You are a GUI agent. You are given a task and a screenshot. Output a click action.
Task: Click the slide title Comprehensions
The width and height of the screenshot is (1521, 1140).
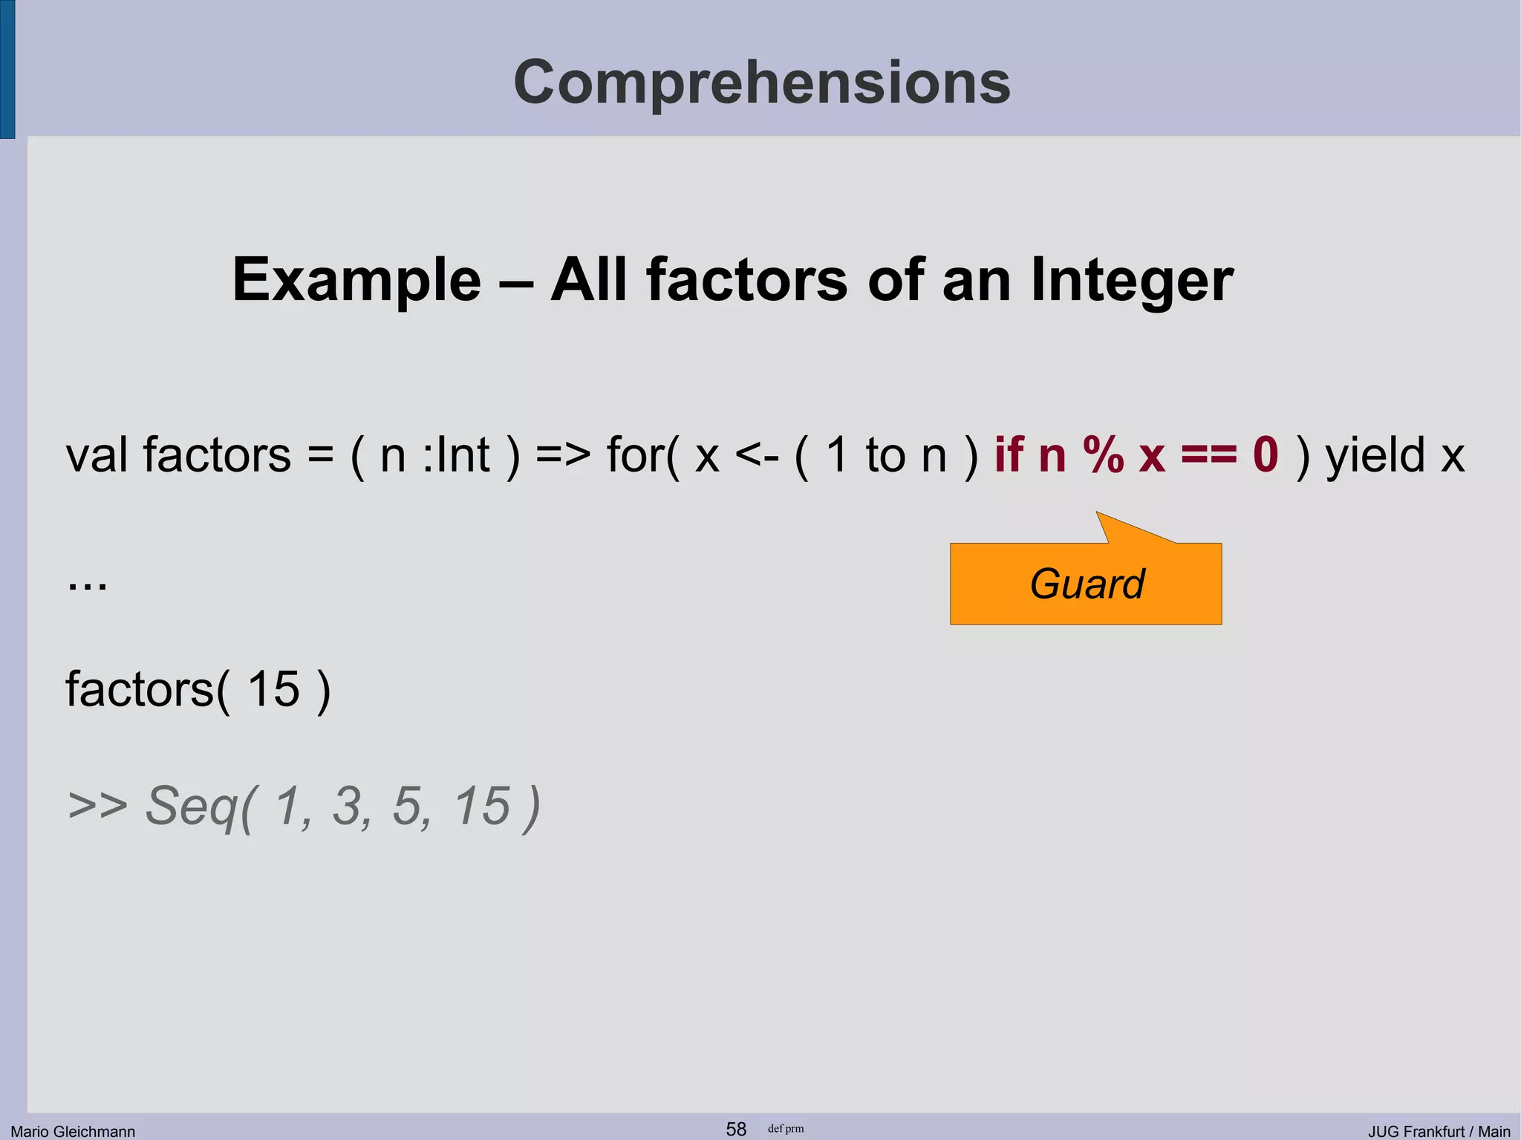pyautogui.click(x=761, y=82)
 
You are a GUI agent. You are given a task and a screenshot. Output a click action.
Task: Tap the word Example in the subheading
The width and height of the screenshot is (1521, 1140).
pyautogui.click(x=356, y=281)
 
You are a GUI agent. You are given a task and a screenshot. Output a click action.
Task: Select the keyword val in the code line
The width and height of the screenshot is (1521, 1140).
pyautogui.click(x=97, y=455)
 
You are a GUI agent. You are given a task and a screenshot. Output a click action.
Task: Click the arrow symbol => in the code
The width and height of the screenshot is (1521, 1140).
pyautogui.click(x=563, y=455)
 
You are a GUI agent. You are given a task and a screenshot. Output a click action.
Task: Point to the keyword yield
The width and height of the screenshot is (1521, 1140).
pyautogui.click(x=1375, y=455)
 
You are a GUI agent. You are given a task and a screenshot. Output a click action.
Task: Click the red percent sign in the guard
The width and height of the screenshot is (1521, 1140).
pyautogui.click(x=1103, y=455)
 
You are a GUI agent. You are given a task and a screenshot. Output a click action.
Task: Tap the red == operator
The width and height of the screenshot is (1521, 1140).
pyautogui.click(x=1209, y=455)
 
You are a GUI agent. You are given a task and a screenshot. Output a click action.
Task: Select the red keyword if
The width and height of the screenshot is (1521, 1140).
pyautogui.click(x=1009, y=455)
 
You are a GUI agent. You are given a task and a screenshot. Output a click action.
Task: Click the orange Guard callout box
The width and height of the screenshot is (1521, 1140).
pyautogui.click(x=1086, y=584)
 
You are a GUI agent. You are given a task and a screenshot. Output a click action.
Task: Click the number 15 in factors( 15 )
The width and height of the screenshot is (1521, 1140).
pyautogui.click(x=273, y=689)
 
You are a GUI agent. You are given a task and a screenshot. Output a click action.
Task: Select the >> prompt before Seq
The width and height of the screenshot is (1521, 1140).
pyautogui.click(x=97, y=806)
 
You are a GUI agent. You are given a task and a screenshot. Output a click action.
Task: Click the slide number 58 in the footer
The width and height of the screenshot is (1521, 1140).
pyautogui.click(x=735, y=1129)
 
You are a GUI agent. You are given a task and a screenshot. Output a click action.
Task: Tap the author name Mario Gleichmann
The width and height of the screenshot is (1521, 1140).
pyautogui.click(x=73, y=1131)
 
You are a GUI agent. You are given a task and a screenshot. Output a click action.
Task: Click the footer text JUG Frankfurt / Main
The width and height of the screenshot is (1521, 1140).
pyautogui.click(x=1439, y=1131)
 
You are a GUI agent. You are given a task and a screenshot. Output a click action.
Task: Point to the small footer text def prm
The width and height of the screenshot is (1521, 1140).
pyautogui.click(x=786, y=1129)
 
